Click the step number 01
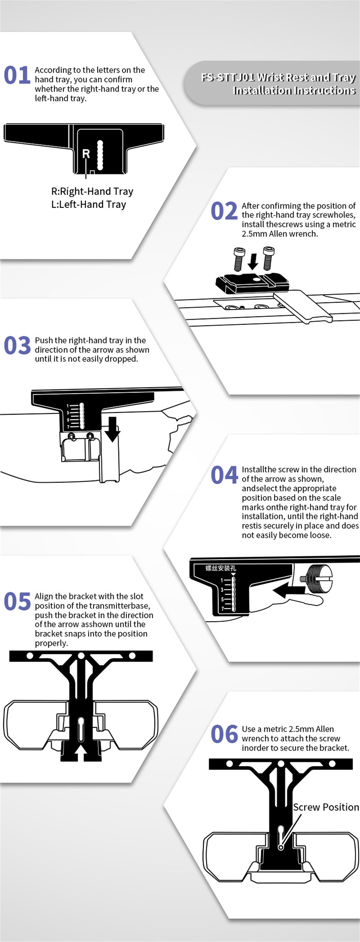pos(17,75)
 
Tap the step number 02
pos(224,211)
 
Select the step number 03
pos(17,346)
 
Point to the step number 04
pos(224,475)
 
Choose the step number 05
pos(17,601)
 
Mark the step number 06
pos(224,734)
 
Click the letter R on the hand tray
pos(86,154)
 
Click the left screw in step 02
pos(238,259)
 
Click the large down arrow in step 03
pos(112,429)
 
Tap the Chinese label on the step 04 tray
pos(221,568)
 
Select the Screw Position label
pos(326,807)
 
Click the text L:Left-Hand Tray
pos(89,204)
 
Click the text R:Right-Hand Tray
pos(92,191)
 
